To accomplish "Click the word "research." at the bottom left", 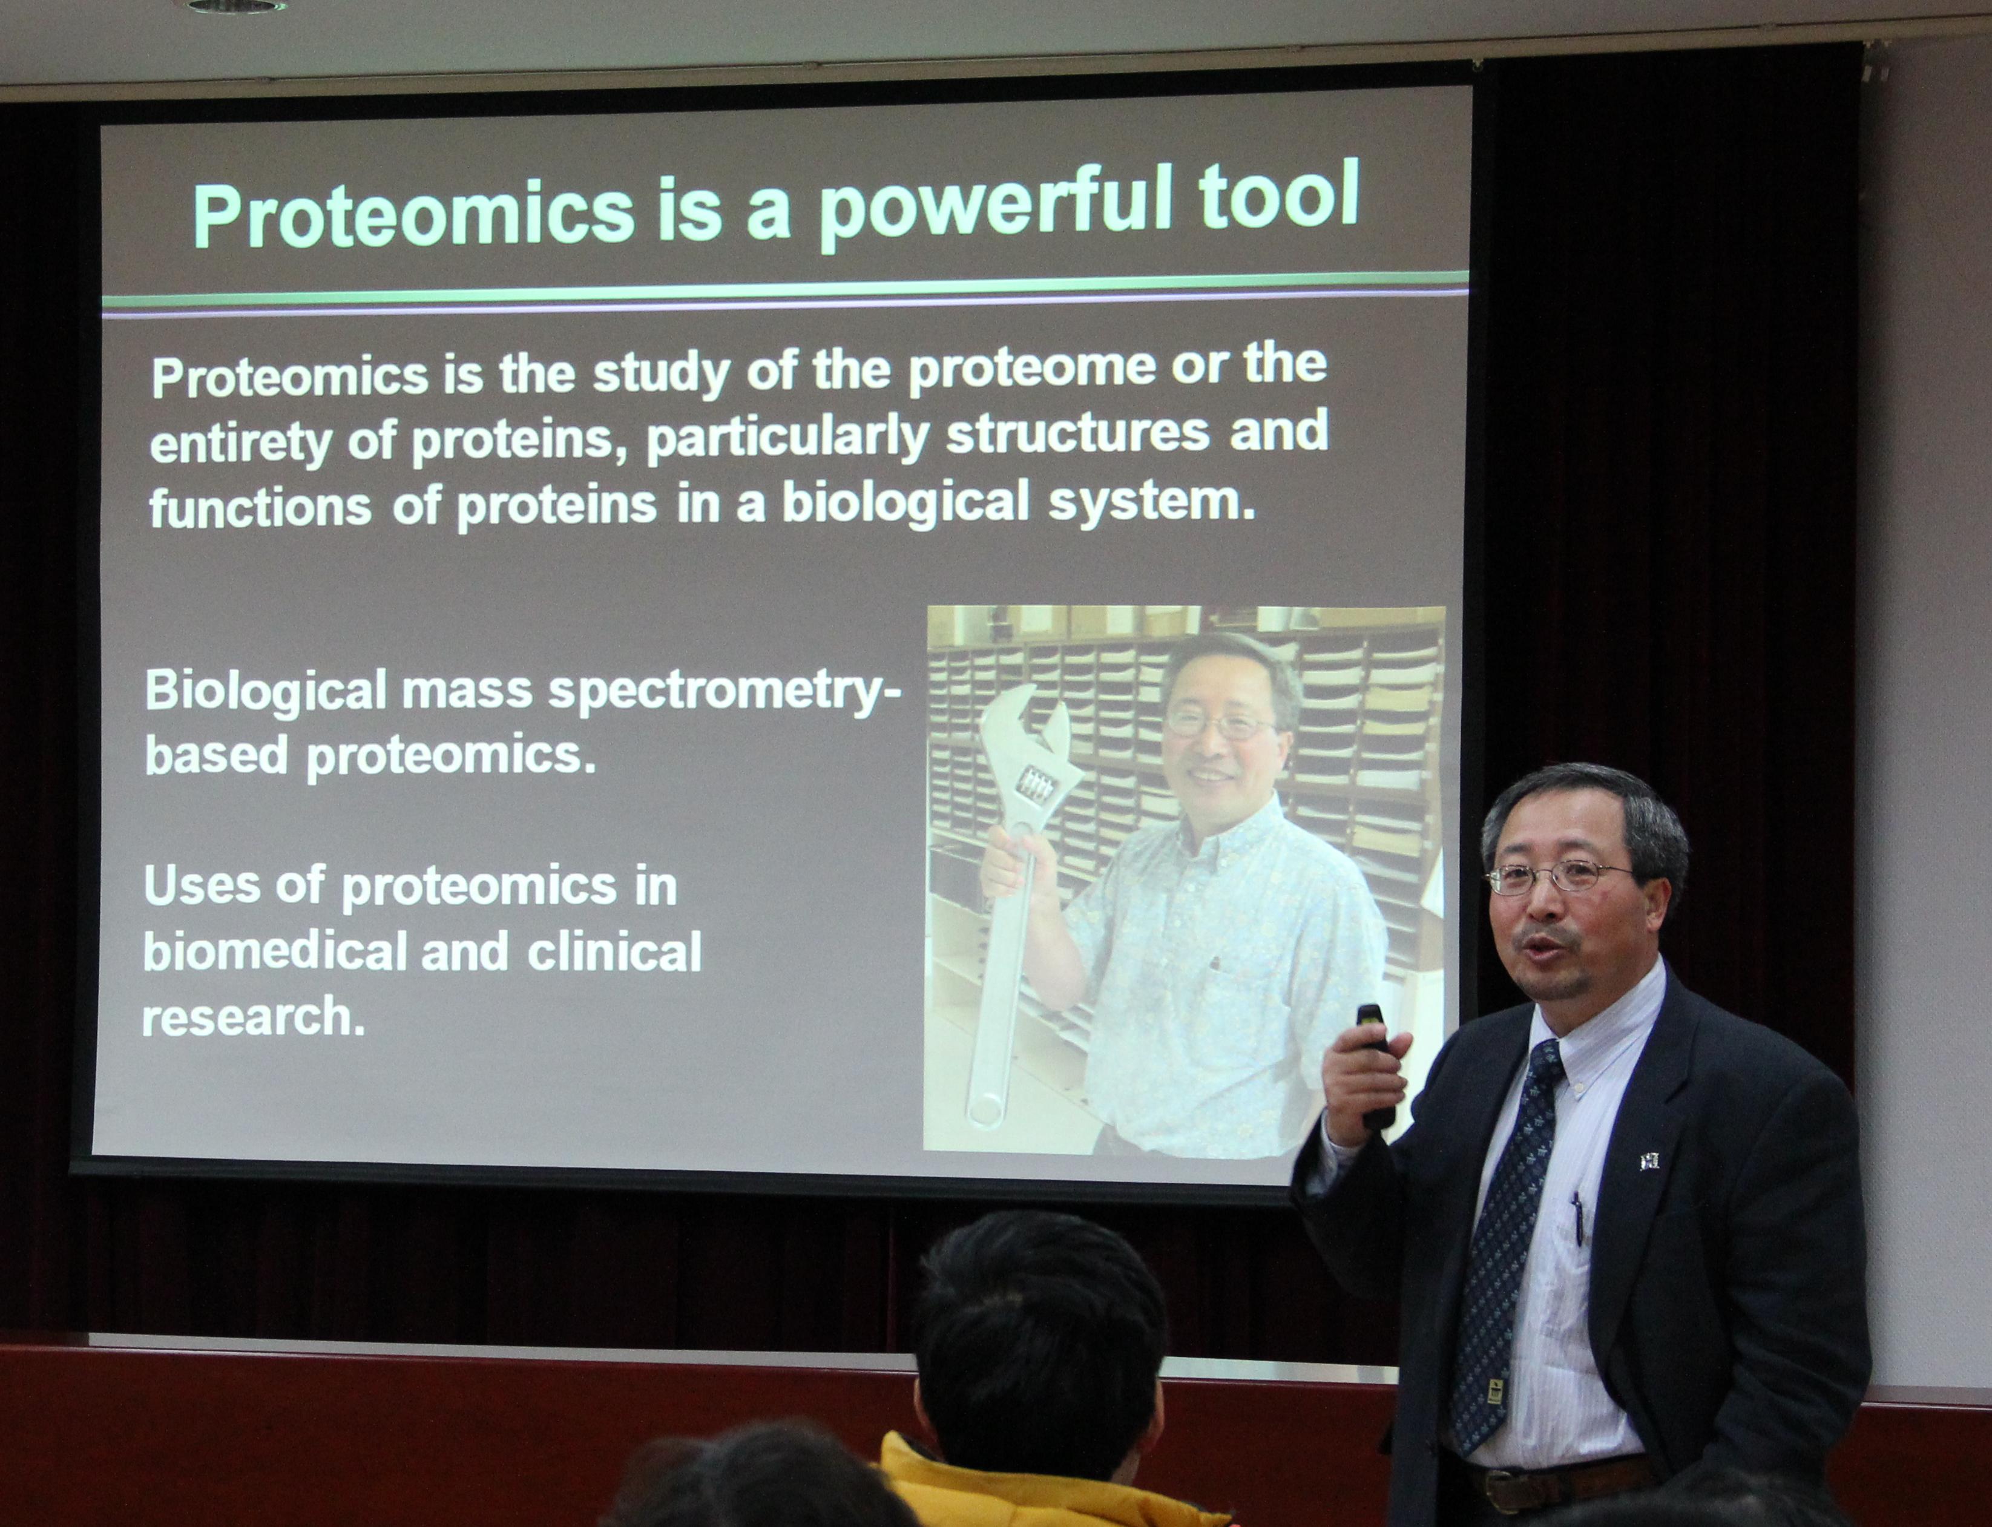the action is (252, 1016).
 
